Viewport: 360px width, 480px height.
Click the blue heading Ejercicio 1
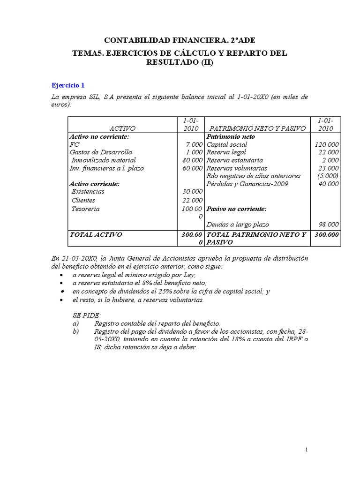pyautogui.click(x=67, y=85)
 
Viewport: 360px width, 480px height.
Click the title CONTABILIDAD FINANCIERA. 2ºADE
pyautogui.click(x=180, y=41)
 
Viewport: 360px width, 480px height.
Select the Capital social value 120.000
pyautogui.click(x=326, y=145)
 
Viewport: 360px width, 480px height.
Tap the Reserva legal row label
pyautogui.click(x=226, y=152)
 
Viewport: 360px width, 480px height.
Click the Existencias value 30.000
pyautogui.click(x=193, y=192)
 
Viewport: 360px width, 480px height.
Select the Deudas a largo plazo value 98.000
pyautogui.click(x=328, y=225)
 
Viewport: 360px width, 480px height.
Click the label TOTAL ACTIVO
pyautogui.click(x=96, y=234)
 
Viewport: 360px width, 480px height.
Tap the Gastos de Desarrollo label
pyautogui.click(x=101, y=152)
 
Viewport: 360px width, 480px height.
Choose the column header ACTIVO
pyautogui.click(x=122, y=128)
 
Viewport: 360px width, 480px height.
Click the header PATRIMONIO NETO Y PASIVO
pyautogui.click(x=257, y=128)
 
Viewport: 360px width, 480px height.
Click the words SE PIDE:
pyautogui.click(x=87, y=316)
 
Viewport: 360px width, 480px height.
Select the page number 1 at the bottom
pyautogui.click(x=307, y=450)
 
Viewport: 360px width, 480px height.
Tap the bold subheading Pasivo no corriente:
pyautogui.click(x=237, y=209)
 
